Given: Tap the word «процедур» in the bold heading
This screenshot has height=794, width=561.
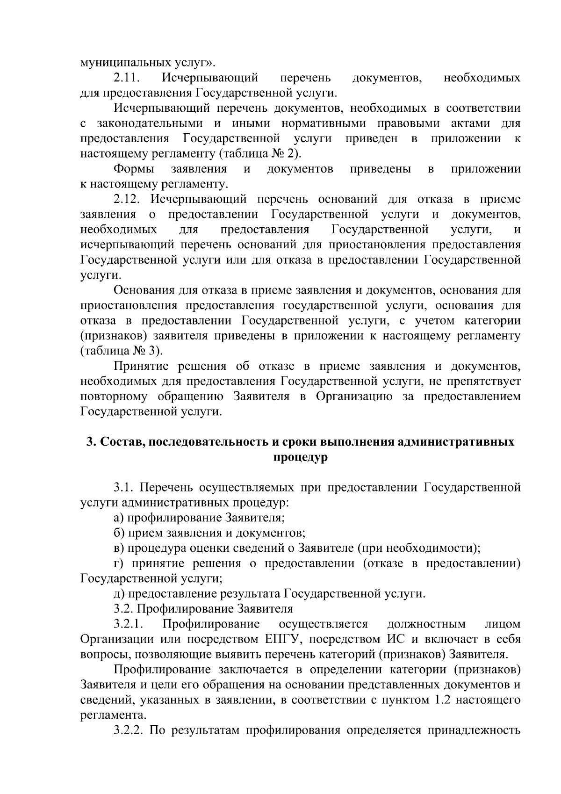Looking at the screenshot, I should (300, 457).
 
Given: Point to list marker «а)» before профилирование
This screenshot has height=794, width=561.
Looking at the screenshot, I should (119, 518).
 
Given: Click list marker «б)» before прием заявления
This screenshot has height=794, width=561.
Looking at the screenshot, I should (119, 533).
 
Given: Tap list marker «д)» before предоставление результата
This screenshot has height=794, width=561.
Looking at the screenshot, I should (119, 594).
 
